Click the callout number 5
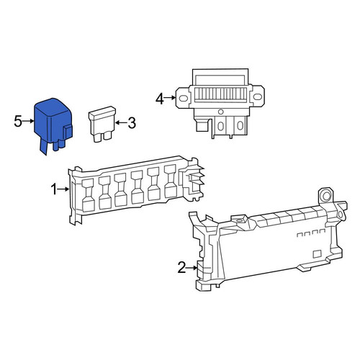18,121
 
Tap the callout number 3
132,123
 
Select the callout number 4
160,99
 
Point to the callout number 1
54,189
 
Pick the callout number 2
181,268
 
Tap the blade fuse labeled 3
102,124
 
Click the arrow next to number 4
170,98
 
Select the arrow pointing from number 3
121,122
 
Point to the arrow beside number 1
63,189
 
